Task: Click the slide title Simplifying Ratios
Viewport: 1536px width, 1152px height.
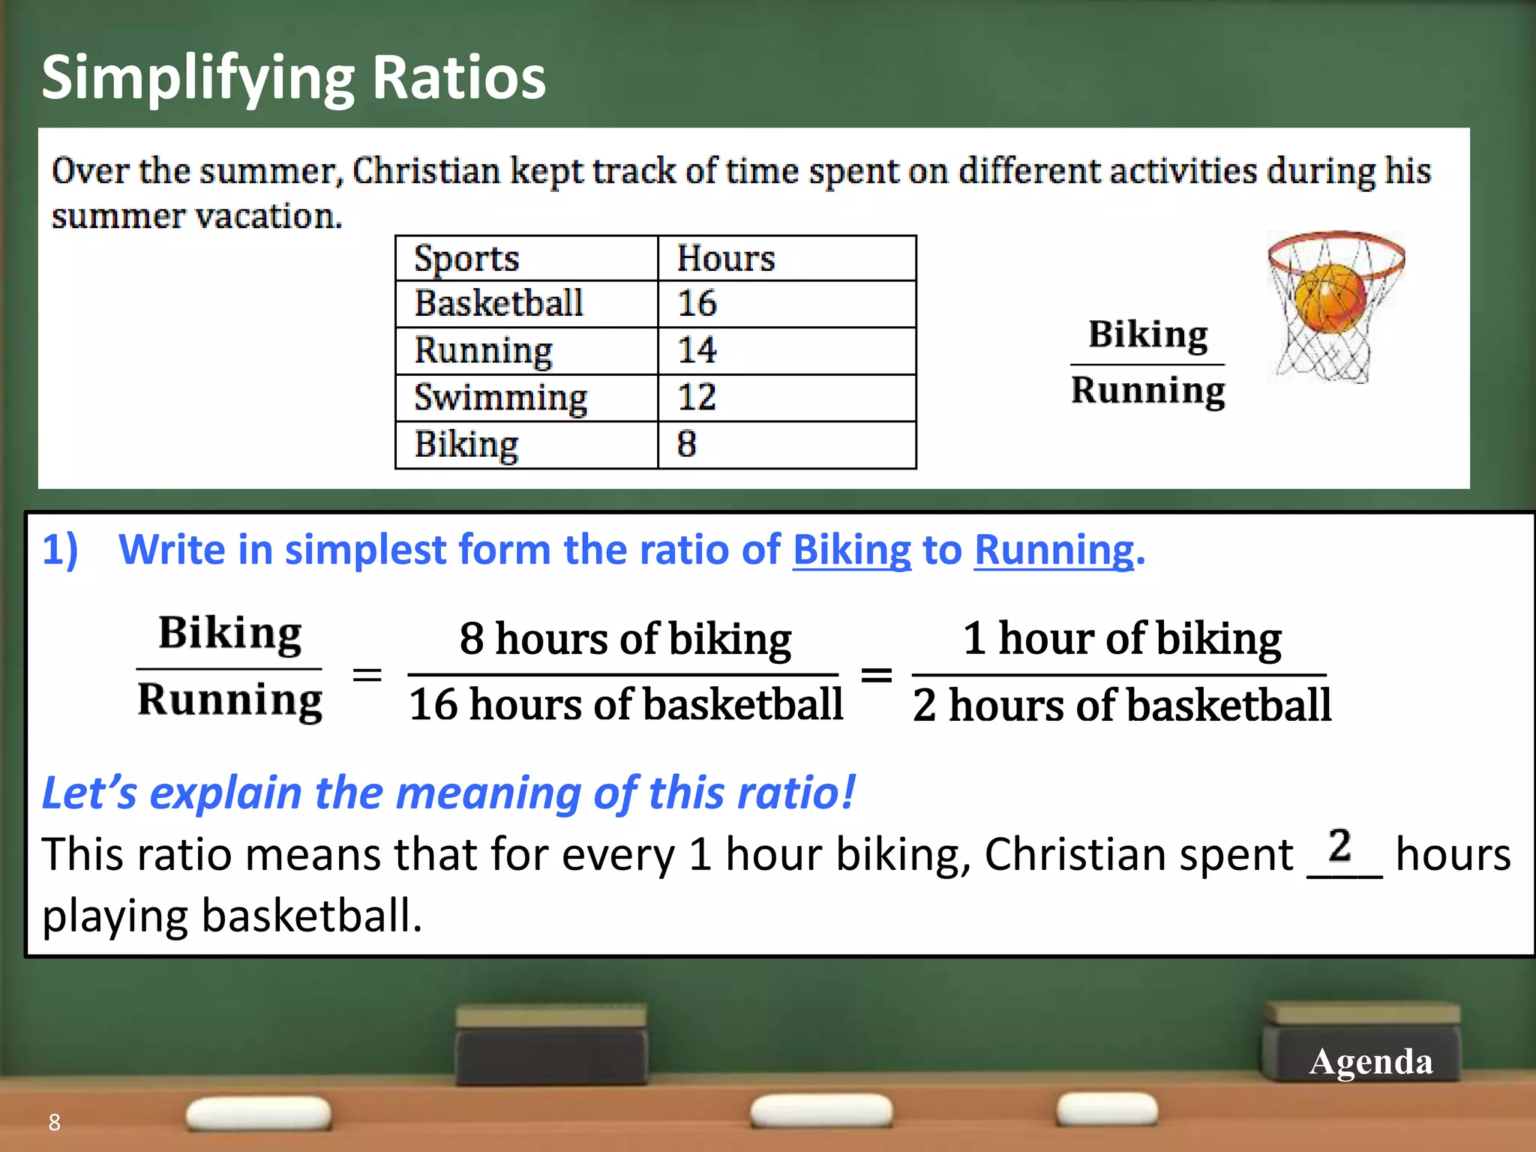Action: click(293, 78)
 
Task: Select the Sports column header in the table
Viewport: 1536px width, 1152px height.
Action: click(466, 259)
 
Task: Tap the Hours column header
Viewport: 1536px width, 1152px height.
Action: click(725, 259)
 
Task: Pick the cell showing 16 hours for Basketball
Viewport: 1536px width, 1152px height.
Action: click(697, 304)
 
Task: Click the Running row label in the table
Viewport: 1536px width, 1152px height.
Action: click(484, 351)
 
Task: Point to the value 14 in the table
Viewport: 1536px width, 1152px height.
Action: click(697, 350)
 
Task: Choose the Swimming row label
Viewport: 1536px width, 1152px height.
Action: click(500, 397)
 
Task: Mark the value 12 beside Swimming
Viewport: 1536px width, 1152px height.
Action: click(697, 397)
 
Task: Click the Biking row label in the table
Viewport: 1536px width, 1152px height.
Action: click(466, 445)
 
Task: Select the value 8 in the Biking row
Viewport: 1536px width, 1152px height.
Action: click(687, 444)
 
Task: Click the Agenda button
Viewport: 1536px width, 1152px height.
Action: click(1370, 1061)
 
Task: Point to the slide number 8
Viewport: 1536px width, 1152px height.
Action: click(54, 1122)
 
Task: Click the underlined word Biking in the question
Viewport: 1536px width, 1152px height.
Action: click(851, 550)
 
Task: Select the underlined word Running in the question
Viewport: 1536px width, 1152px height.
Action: click(1054, 550)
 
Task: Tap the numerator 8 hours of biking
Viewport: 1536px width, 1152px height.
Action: click(625, 639)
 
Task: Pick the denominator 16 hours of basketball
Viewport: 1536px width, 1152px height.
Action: click(625, 705)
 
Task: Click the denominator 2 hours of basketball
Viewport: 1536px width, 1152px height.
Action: click(1121, 706)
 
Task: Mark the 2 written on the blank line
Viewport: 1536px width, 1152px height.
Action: click(1339, 846)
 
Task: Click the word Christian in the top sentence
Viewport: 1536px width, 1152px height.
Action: click(426, 171)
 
